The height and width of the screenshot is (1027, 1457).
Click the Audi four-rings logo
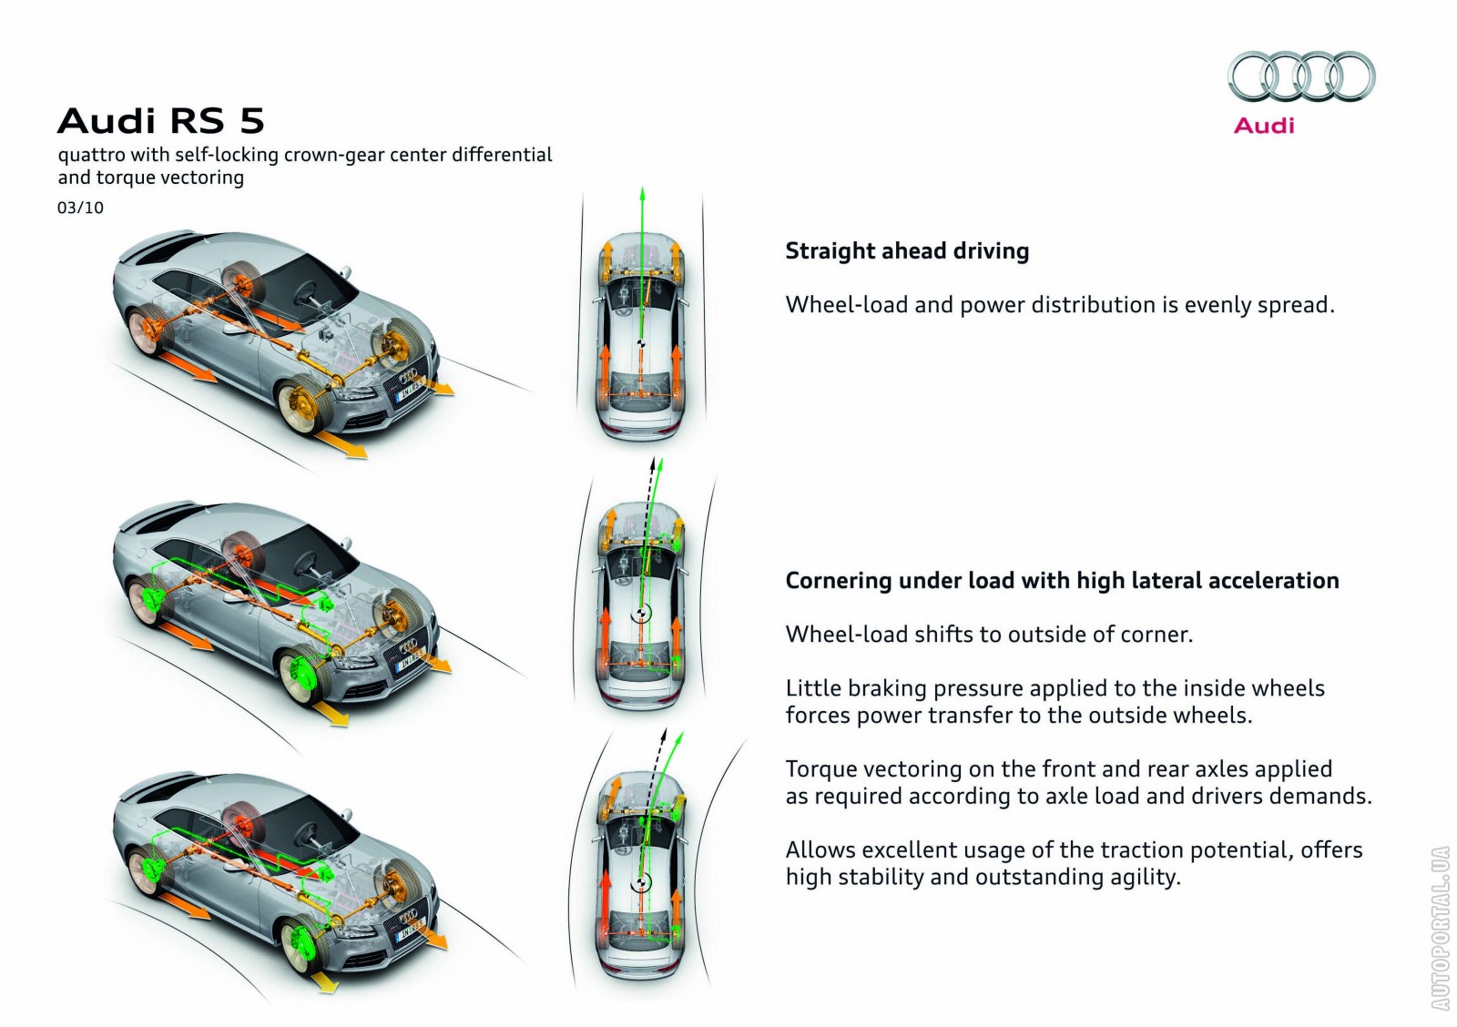(x=1300, y=76)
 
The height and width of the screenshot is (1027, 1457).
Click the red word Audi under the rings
(x=1264, y=126)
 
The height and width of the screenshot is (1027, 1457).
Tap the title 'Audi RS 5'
(x=160, y=121)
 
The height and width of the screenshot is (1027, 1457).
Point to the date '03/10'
(x=80, y=208)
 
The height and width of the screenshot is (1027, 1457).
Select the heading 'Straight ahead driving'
(x=907, y=250)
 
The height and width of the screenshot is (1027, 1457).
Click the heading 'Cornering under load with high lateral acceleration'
(x=1062, y=580)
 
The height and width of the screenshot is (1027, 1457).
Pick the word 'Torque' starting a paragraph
(x=820, y=768)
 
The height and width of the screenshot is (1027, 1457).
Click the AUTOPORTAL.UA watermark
(x=1440, y=928)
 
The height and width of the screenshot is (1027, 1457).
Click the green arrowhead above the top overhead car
(x=642, y=194)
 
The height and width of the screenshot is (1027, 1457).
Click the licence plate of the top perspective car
(x=408, y=392)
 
